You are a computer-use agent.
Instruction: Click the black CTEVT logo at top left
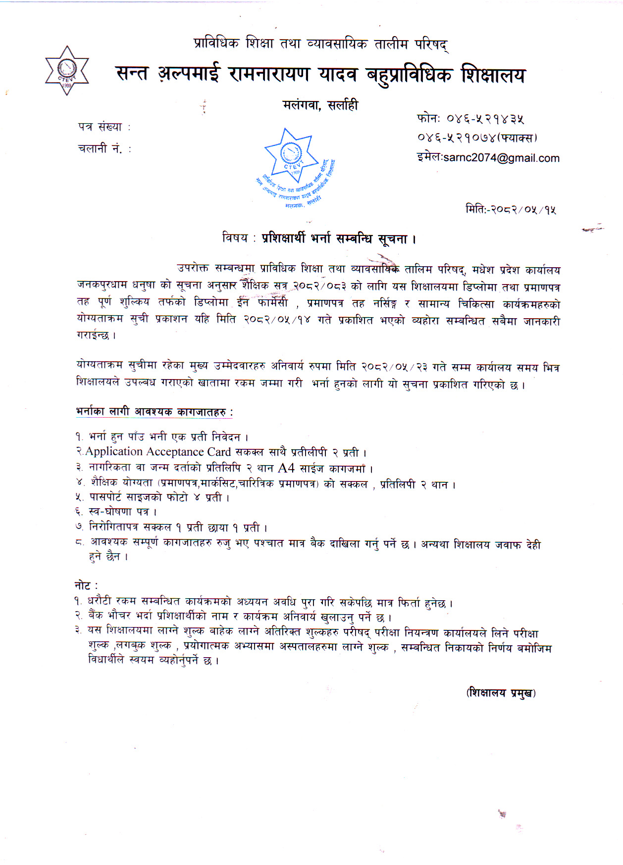coord(67,70)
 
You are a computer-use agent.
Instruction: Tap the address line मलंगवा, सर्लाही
coord(320,105)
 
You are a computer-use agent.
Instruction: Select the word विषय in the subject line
coord(235,238)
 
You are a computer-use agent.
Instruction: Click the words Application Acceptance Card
coord(158,451)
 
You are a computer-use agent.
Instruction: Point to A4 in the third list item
coord(286,468)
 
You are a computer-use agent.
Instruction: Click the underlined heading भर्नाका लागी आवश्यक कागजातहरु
coord(154,411)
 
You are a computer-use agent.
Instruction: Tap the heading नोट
coord(83,585)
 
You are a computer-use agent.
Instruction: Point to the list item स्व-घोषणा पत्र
coord(123,512)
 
